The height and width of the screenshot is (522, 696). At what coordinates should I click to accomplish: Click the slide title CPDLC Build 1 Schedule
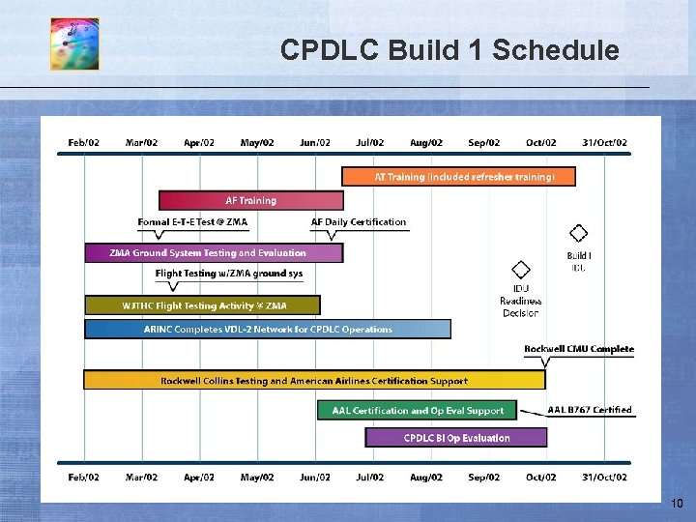(x=449, y=49)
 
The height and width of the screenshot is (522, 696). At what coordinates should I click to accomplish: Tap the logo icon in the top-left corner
(x=74, y=44)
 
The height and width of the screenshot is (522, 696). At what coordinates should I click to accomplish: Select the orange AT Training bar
(x=458, y=177)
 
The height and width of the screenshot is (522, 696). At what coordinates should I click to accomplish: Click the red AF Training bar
(x=250, y=201)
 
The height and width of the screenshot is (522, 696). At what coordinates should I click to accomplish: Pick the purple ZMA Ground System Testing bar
(x=213, y=253)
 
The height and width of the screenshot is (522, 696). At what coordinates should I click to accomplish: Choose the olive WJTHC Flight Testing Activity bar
(x=202, y=305)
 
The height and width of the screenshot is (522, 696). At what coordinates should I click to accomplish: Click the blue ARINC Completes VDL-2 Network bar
(x=267, y=329)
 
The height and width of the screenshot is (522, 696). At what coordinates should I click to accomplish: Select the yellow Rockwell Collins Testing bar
(x=314, y=381)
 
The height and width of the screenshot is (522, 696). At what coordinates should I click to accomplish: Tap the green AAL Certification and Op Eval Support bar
(x=417, y=411)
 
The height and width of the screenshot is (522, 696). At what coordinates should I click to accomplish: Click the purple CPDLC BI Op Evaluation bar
(x=455, y=438)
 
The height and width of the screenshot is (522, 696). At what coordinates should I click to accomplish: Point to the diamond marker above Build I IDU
(x=578, y=233)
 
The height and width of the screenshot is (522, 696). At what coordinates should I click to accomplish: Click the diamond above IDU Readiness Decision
(x=520, y=269)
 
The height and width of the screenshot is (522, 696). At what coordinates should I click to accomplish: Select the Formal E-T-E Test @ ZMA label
(x=192, y=222)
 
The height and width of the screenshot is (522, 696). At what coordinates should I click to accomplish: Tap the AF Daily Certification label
(x=359, y=222)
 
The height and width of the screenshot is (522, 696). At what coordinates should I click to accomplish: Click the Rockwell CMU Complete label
(x=579, y=349)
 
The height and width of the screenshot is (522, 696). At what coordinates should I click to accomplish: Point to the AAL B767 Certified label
(x=590, y=410)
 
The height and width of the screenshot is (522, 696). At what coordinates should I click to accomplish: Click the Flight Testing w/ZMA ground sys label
(x=229, y=274)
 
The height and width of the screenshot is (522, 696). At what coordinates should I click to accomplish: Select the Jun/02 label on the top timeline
(x=315, y=143)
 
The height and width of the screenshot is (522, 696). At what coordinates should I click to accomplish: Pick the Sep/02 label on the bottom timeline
(x=483, y=478)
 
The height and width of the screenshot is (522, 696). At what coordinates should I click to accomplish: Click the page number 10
(x=677, y=504)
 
